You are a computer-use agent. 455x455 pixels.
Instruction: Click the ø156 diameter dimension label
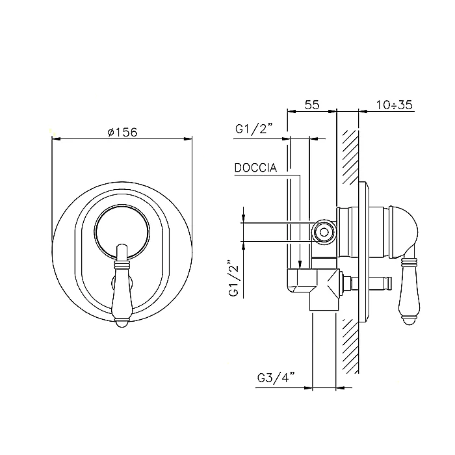click(x=122, y=133)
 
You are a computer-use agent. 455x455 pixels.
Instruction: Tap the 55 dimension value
click(x=312, y=105)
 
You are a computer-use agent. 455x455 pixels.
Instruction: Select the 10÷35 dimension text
click(x=395, y=105)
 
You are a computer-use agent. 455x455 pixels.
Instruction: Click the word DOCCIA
click(x=255, y=168)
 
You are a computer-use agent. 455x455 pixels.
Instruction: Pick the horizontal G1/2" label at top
click(x=254, y=129)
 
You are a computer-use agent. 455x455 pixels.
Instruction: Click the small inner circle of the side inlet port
click(x=324, y=232)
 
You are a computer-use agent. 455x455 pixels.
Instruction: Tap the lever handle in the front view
click(x=122, y=285)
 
